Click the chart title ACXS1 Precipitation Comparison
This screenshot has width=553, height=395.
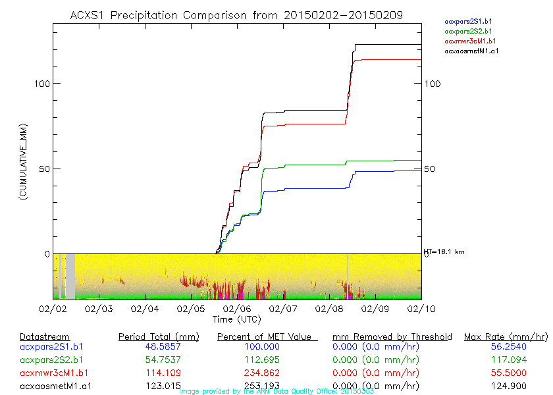[x=236, y=14]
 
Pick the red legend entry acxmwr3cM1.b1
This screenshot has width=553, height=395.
[x=469, y=41]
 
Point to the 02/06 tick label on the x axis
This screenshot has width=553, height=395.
[x=236, y=308]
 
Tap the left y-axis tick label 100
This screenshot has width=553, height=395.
[x=41, y=84]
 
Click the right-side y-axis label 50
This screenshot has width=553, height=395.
[x=430, y=169]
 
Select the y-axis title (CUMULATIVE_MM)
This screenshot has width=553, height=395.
[x=23, y=161]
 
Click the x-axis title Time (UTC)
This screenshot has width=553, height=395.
[x=236, y=319]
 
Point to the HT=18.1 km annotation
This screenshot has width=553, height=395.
[x=444, y=251]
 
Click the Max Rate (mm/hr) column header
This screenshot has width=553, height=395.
[x=506, y=336]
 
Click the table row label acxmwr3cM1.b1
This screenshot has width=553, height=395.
[x=52, y=371]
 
